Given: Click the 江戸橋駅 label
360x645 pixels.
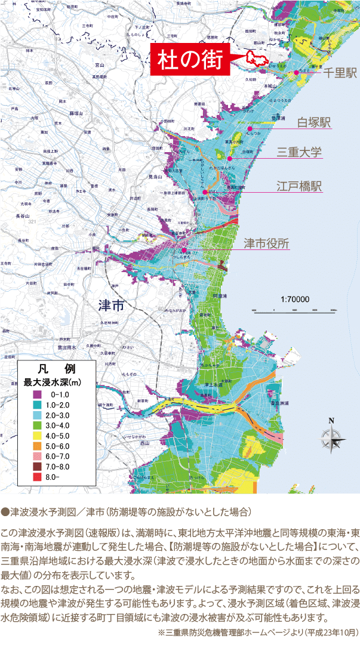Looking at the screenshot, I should click(x=300, y=186).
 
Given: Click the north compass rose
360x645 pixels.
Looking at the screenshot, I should click(x=332, y=439).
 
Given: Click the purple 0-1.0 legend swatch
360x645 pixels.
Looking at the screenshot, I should click(x=37, y=394).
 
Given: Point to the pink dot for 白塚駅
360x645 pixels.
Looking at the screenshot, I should click(x=251, y=128).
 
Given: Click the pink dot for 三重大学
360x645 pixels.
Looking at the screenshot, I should click(x=230, y=158).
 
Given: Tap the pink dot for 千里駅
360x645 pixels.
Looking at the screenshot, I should click(x=296, y=72).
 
